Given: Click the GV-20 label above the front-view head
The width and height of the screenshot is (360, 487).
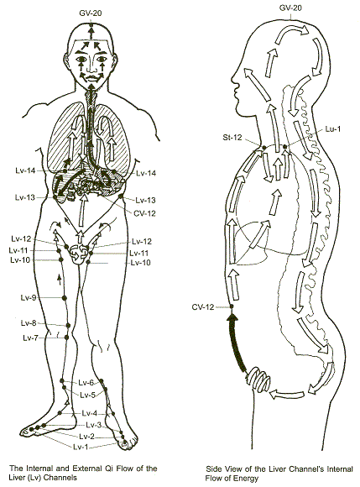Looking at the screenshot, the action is [91, 13].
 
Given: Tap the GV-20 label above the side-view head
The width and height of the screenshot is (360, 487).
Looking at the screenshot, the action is [290, 8].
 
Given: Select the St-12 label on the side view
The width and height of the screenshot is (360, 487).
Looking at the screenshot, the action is [232, 137].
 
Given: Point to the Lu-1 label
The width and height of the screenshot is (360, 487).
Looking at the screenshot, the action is [332, 129].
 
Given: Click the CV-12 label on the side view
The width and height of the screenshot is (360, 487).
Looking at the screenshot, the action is [203, 307].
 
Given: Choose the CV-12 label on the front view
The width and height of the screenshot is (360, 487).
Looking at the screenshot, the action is [144, 213].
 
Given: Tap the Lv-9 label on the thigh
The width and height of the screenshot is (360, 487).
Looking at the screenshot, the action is [29, 298].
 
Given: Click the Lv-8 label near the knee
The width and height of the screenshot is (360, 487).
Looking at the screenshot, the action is [29, 323].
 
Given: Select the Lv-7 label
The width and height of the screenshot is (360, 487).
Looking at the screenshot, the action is [30, 338].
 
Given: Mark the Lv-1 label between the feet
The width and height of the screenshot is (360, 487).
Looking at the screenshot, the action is [81, 447].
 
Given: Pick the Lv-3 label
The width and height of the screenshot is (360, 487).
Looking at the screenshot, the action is [94, 425].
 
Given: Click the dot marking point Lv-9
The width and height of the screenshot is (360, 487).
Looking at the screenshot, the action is [65, 298].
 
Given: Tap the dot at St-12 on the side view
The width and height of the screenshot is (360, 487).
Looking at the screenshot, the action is [263, 148].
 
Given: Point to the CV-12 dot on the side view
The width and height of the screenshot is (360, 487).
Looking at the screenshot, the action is [232, 307].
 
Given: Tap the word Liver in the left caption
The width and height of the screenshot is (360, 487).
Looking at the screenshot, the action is [18, 477].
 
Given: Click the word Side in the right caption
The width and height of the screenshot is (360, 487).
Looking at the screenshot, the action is [212, 469].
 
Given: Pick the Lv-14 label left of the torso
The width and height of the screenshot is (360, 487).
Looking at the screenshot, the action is [25, 170].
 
